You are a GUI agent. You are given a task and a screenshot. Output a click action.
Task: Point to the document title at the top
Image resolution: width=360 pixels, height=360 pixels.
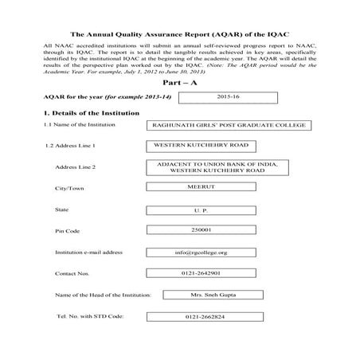tap(179, 36)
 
